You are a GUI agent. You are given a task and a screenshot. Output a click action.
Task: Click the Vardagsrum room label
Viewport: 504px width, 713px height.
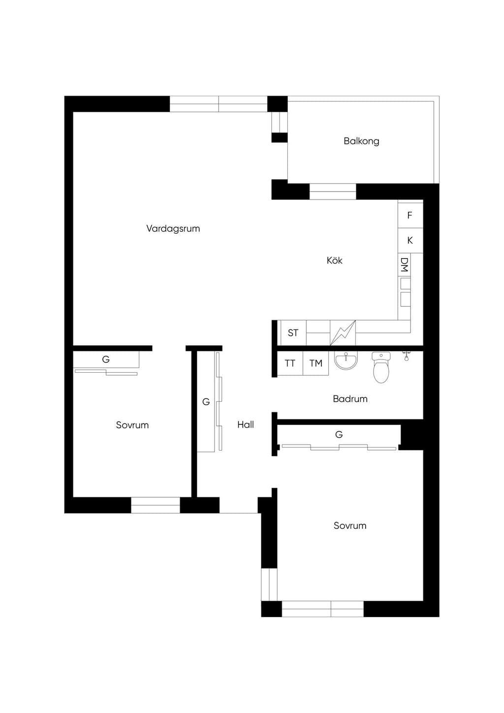pyautogui.click(x=173, y=228)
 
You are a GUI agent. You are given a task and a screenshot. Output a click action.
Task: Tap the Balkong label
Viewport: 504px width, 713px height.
pyautogui.click(x=361, y=141)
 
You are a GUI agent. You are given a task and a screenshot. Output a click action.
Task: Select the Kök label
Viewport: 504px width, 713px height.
pyautogui.click(x=334, y=260)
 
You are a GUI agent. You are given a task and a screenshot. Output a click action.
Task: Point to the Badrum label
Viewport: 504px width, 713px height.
pyautogui.click(x=350, y=399)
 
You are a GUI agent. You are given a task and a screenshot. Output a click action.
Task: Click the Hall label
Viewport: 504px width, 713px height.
pyautogui.click(x=246, y=424)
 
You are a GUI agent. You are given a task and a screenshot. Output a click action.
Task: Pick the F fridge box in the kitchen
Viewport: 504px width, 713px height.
pyautogui.click(x=410, y=215)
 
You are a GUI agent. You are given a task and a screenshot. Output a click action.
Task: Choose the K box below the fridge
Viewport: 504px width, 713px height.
pyautogui.click(x=410, y=240)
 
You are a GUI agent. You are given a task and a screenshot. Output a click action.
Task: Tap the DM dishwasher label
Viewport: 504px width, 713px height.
pyautogui.click(x=405, y=265)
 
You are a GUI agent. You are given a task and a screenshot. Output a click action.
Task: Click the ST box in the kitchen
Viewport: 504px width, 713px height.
pyautogui.click(x=293, y=333)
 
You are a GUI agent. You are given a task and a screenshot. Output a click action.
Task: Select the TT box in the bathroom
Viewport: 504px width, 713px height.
pyautogui.click(x=290, y=363)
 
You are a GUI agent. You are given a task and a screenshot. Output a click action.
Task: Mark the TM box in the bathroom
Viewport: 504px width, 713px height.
pyautogui.click(x=315, y=363)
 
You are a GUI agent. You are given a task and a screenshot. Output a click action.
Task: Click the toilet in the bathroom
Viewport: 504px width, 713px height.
pyautogui.click(x=381, y=367)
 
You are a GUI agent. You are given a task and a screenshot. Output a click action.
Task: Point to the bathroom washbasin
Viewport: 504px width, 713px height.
pyautogui.click(x=346, y=360)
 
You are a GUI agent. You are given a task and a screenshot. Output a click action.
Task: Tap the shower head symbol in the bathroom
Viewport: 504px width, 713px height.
pyautogui.click(x=407, y=356)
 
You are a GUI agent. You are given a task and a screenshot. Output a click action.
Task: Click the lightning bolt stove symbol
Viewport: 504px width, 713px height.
pyautogui.click(x=343, y=333)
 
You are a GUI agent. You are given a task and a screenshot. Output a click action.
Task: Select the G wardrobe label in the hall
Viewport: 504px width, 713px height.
pyautogui.click(x=206, y=402)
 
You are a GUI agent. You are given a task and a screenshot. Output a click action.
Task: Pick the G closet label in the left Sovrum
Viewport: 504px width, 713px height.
pyautogui.click(x=106, y=359)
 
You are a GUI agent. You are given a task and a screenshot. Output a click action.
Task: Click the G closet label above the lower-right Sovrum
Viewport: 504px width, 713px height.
pyautogui.click(x=339, y=434)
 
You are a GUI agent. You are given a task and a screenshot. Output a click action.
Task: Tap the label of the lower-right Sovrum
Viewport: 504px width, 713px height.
pyautogui.click(x=350, y=525)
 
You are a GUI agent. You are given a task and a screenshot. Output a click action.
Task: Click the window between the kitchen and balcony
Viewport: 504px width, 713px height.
pyautogui.click(x=333, y=192)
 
